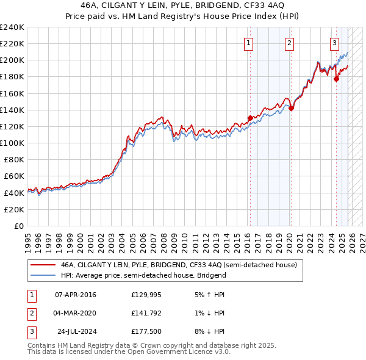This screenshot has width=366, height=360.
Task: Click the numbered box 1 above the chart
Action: click(249, 43)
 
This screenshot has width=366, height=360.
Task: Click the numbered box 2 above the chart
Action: click(289, 43)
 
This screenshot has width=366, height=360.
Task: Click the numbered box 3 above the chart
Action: click(335, 43)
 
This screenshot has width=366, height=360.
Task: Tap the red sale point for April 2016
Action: click(250, 118)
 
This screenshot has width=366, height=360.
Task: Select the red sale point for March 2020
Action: click(291, 109)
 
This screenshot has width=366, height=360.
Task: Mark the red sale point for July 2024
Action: click(336, 79)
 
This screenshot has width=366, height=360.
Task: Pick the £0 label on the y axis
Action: click(18, 226)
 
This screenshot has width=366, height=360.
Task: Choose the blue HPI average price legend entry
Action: click(143, 275)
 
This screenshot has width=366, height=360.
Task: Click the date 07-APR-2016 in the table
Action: click(75, 295)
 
